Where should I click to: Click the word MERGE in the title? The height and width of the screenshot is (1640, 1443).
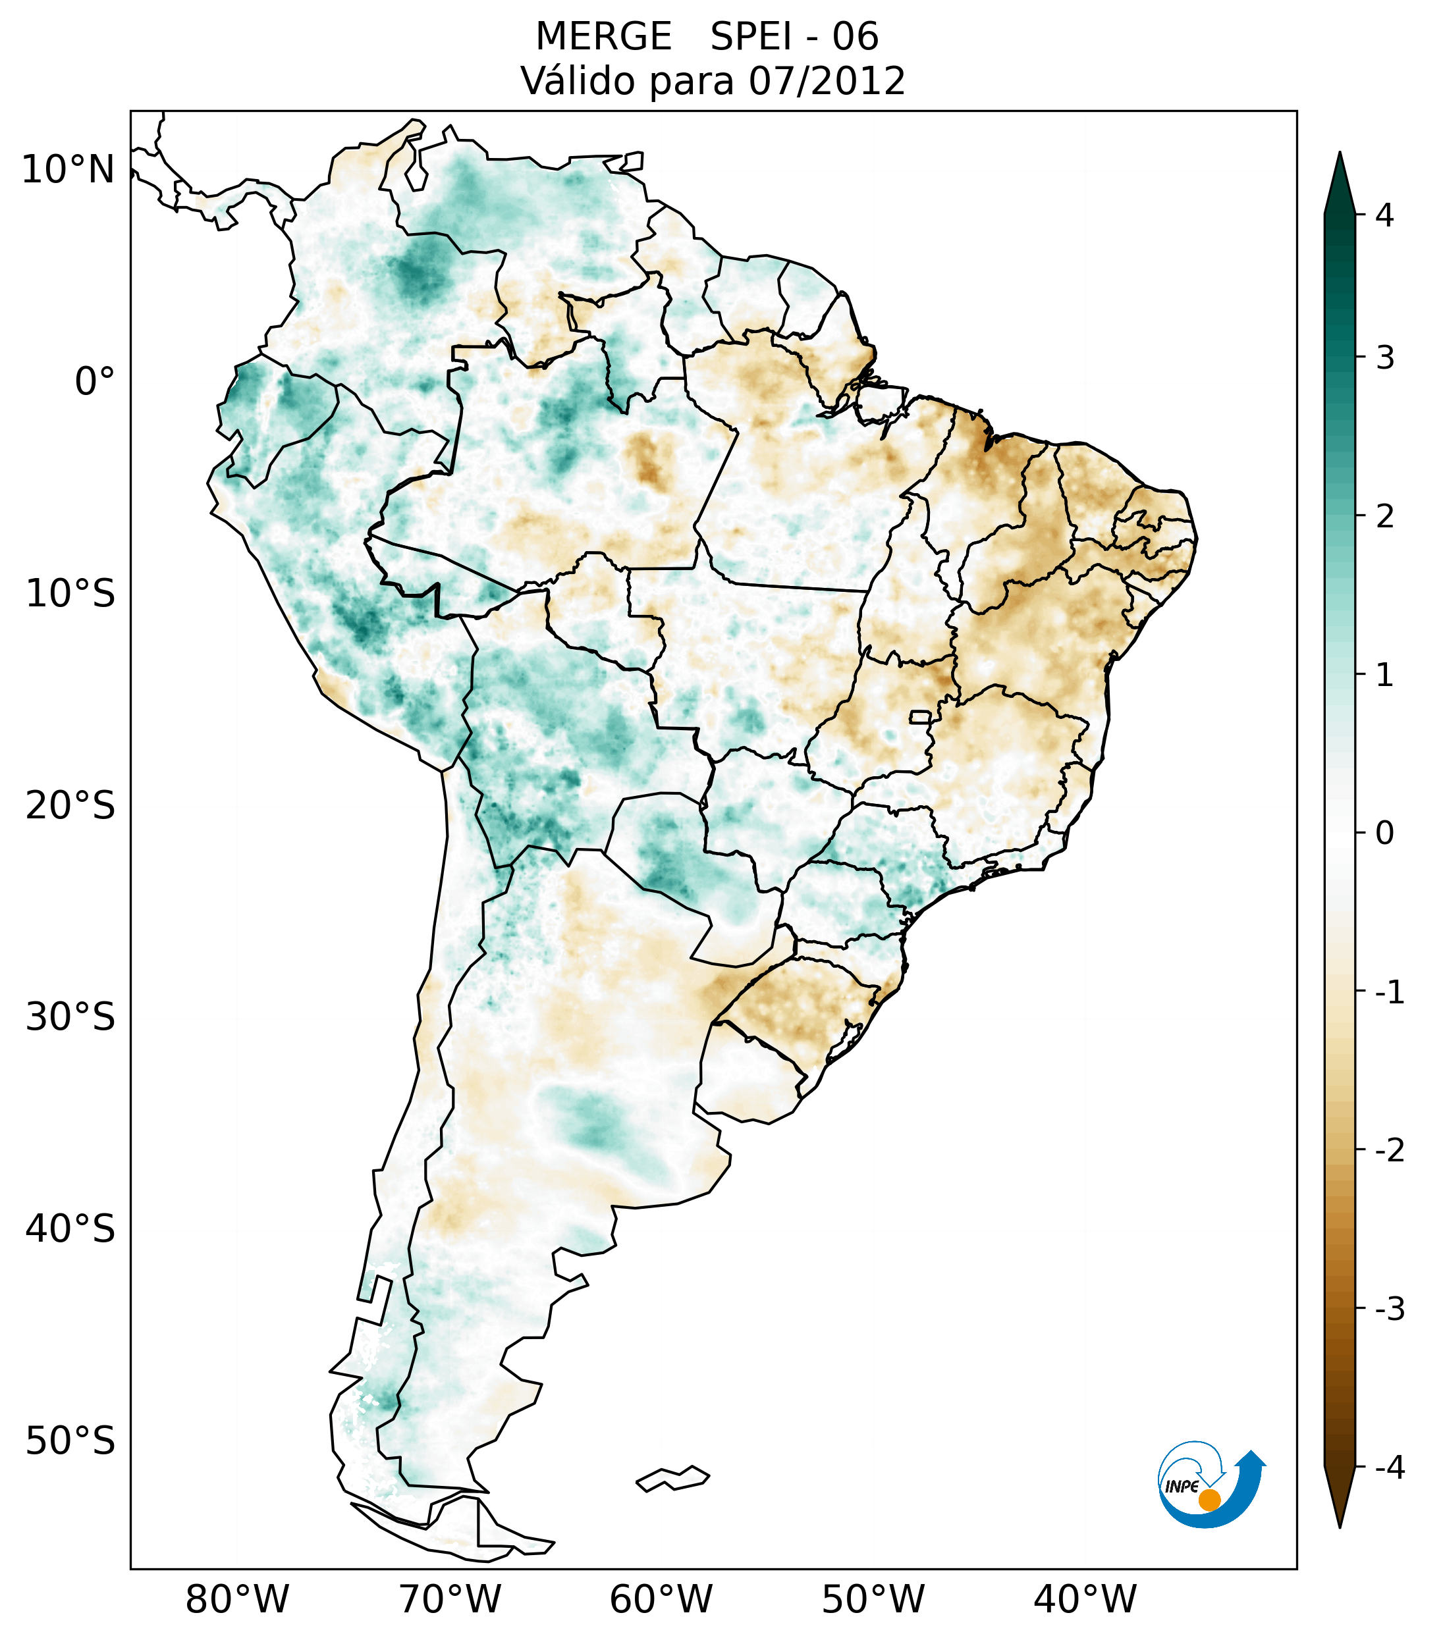(603, 37)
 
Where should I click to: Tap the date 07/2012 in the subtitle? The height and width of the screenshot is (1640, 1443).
(827, 81)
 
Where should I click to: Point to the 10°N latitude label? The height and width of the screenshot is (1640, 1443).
(68, 170)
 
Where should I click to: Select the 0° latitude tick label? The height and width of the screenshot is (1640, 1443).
(95, 382)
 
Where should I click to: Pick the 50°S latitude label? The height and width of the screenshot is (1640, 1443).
(70, 1441)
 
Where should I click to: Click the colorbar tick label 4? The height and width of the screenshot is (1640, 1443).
(1384, 215)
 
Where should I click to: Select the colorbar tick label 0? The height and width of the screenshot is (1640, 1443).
(1384, 833)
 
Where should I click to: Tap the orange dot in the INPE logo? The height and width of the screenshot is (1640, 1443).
(1209, 1500)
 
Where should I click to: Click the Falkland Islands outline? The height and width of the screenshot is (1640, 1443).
(672, 1478)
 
